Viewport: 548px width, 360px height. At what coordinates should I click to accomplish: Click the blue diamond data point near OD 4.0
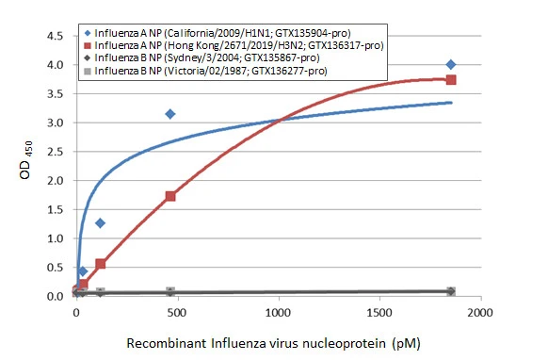[451, 64]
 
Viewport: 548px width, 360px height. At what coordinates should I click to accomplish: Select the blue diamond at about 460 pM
[170, 114]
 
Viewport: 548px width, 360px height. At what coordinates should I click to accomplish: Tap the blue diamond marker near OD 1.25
[101, 223]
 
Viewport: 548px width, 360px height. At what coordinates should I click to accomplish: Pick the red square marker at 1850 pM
[451, 80]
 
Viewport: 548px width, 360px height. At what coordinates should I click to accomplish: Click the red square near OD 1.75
[170, 196]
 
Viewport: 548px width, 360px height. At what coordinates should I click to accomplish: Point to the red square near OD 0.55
[101, 264]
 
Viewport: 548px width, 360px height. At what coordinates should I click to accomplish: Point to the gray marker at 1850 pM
[451, 292]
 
